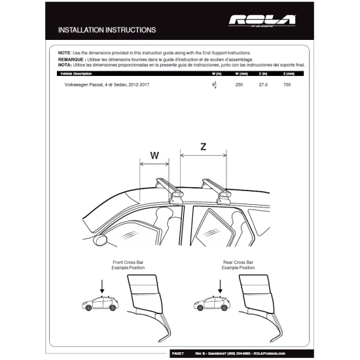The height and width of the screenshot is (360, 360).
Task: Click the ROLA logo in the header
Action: coord(262,21)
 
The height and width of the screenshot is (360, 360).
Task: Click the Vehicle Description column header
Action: coord(69,75)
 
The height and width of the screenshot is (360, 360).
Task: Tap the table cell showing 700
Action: coord(287,86)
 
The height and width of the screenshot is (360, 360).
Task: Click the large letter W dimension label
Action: coord(154,156)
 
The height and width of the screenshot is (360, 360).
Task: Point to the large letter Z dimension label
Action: coord(203,148)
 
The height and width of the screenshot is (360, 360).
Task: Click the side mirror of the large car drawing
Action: coord(101,240)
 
